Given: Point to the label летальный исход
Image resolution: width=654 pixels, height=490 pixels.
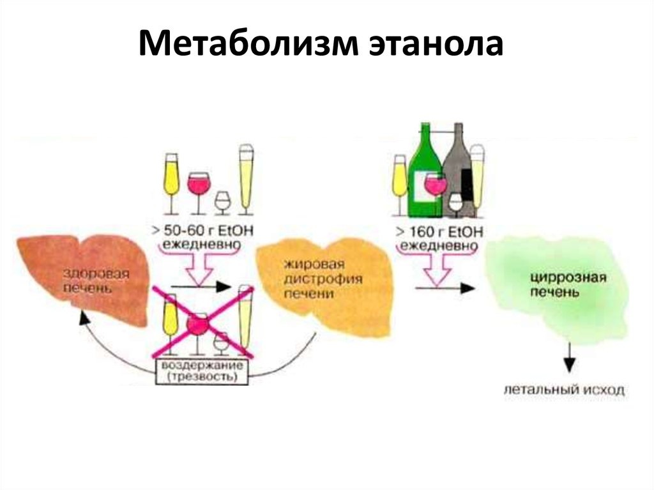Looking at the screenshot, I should [x=563, y=390].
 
